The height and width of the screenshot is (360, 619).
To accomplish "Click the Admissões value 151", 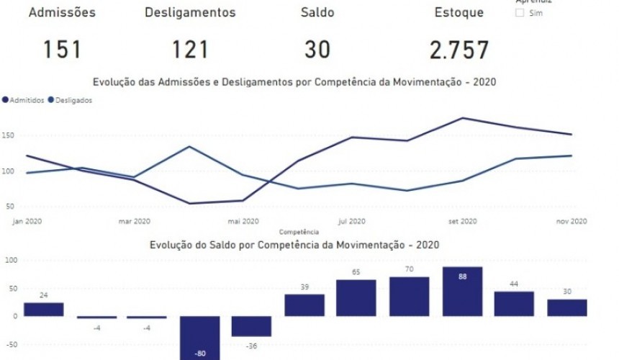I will click(x=61, y=50).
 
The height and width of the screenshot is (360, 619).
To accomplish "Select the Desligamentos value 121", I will click(x=190, y=50).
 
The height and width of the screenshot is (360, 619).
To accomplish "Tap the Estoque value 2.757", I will click(x=459, y=50).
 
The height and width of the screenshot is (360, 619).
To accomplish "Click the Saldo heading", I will click(x=317, y=12).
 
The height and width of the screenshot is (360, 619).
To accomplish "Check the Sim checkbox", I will click(x=520, y=13).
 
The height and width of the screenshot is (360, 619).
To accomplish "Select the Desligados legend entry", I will click(x=72, y=101).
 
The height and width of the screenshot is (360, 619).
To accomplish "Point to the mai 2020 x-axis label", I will click(x=243, y=221).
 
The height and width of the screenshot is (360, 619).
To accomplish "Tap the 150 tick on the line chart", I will click(x=8, y=135).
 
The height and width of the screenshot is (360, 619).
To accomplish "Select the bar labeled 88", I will click(x=462, y=292).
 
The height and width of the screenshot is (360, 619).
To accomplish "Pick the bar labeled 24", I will click(x=43, y=309).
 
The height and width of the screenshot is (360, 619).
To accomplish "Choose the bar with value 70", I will click(x=410, y=297).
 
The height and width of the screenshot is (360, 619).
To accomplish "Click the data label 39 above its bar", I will click(x=304, y=287).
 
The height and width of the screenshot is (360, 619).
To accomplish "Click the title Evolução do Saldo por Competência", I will click(x=294, y=245).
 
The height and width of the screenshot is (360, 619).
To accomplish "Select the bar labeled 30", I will click(x=566, y=307).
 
